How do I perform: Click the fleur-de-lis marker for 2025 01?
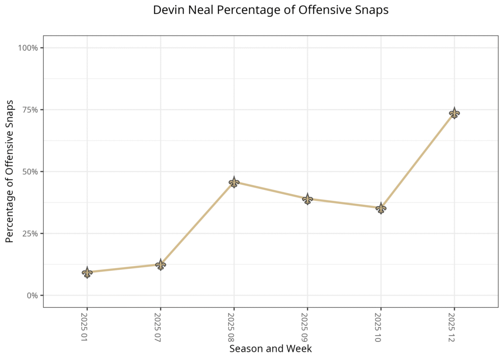pos(87,272)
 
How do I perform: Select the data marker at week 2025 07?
pos(160,264)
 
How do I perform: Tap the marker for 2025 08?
pos(234,183)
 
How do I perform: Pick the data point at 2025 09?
pos(308,199)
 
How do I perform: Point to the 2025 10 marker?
pos(380,208)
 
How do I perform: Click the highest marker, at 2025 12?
pos(454,113)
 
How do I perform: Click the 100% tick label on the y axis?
pos(29,48)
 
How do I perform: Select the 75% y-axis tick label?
pos(31,110)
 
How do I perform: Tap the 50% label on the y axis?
pos(31,172)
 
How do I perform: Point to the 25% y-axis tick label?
pos(31,233)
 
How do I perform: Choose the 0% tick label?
pos(32,295)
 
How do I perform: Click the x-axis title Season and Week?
pos(270,349)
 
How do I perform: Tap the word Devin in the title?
pos(167,10)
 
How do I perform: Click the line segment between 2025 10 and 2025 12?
pos(417,161)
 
